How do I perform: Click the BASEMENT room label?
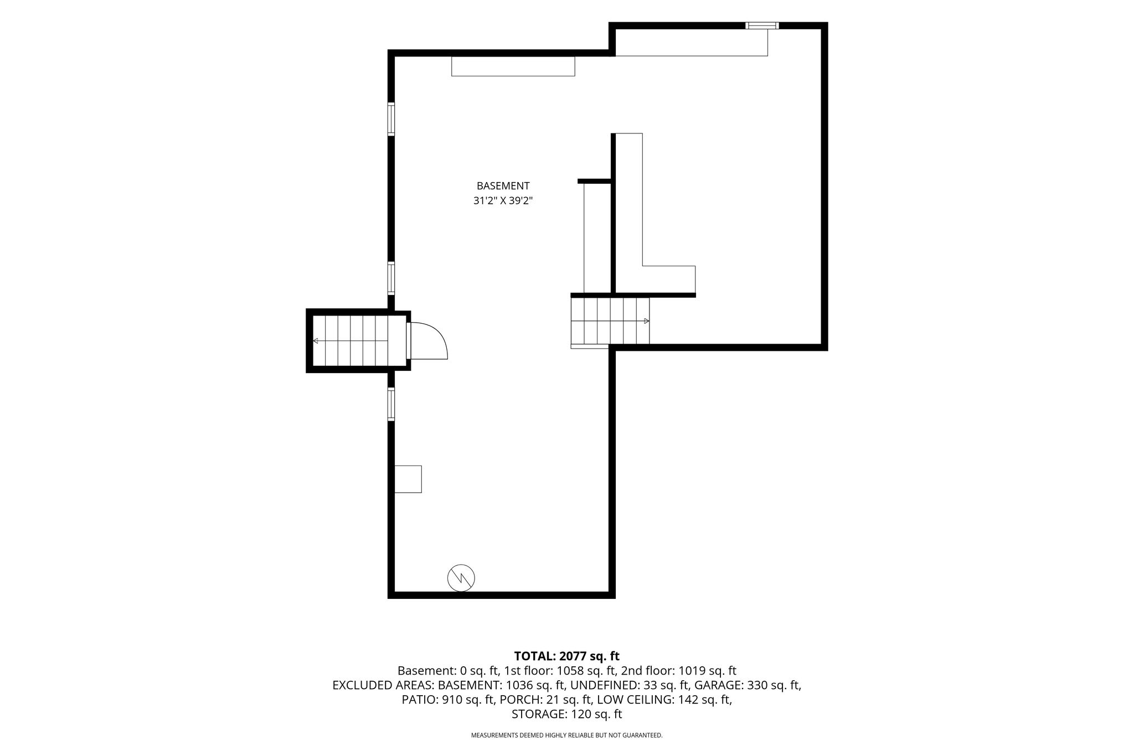[503, 186]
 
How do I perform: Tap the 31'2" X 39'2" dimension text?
[503, 201]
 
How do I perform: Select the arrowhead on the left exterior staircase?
[316, 341]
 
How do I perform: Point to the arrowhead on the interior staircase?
[647, 321]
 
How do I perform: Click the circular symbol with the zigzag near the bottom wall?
[461, 578]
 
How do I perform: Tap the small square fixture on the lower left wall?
[408, 479]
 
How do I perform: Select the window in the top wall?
[762, 25]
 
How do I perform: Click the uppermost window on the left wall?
[391, 119]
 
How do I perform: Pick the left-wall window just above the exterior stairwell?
[391, 278]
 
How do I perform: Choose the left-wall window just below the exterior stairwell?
[391, 405]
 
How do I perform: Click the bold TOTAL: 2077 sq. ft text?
[567, 656]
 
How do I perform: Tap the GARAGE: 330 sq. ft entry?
[748, 685]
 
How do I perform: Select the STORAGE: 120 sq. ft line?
[567, 714]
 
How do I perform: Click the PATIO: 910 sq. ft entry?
[448, 700]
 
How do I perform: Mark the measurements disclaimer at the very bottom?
[567, 736]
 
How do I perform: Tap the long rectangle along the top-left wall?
[513, 66]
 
